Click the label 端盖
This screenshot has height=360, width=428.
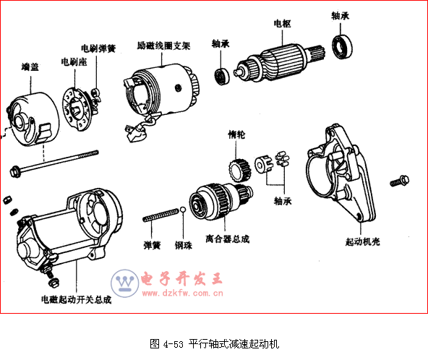point(30,67)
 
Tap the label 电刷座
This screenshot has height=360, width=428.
point(74,62)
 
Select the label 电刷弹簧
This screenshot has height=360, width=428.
point(98,48)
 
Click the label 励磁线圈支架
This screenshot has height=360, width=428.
point(163,46)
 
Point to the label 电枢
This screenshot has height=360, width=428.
point(283,23)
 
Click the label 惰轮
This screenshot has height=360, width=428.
point(236,134)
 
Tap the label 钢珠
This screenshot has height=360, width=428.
point(184,245)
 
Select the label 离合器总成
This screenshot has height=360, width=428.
point(227,239)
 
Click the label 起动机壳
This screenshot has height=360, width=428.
point(363,241)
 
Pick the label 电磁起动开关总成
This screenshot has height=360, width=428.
point(76,299)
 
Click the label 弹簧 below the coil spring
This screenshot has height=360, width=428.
point(152,245)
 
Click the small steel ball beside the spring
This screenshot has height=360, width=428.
point(183,210)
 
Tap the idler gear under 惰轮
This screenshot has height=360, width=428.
point(239,171)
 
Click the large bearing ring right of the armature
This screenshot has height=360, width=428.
point(342,46)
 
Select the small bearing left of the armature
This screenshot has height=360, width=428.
point(222,77)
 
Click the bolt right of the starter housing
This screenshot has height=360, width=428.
point(400,181)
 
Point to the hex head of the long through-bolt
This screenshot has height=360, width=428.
point(15,171)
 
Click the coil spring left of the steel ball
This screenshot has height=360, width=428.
point(161,215)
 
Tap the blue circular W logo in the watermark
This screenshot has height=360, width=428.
point(125,283)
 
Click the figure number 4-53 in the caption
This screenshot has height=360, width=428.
point(174,344)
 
